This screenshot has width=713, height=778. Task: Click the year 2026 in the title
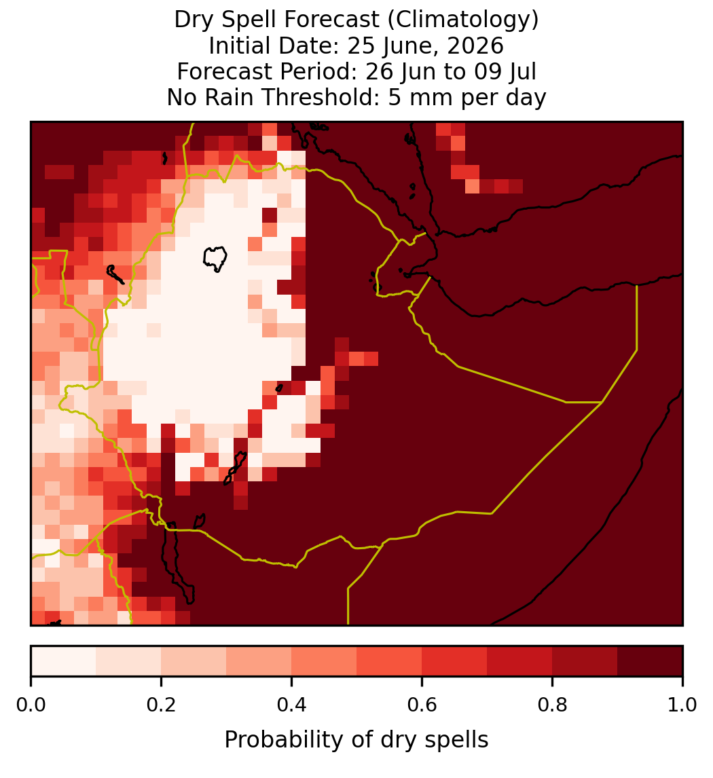[x=475, y=46]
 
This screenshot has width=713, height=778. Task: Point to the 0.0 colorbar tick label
[x=31, y=705]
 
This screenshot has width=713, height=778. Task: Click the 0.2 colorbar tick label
[x=161, y=705]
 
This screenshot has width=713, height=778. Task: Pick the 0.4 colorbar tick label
[x=292, y=705]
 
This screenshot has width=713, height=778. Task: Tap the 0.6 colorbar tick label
[x=422, y=705]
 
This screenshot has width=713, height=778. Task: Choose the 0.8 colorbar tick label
[x=553, y=705]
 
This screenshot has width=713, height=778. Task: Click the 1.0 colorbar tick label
[x=682, y=705]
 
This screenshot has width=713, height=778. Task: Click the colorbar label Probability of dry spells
[x=356, y=740]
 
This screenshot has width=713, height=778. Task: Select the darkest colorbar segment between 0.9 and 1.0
[x=651, y=661]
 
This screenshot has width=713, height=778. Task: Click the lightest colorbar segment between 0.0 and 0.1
[x=64, y=661]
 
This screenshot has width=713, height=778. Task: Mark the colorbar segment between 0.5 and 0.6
[x=390, y=661]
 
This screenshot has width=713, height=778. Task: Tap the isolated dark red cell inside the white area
[x=270, y=215]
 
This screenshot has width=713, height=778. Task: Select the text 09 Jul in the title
[x=505, y=72]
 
